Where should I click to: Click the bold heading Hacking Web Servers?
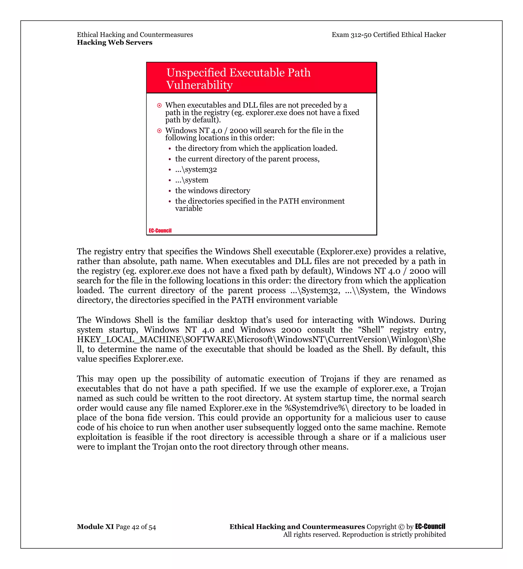[114, 42]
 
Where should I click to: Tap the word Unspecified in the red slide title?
[196, 73]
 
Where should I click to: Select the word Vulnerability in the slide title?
[199, 85]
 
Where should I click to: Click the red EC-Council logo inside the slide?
[160, 230]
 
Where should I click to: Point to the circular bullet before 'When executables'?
[159, 105]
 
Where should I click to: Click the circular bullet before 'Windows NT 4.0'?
[159, 131]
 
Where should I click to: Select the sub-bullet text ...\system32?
[196, 170]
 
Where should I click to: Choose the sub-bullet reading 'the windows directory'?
[212, 191]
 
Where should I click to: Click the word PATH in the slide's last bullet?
[289, 201]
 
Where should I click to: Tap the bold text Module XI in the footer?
[95, 527]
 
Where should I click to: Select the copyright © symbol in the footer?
[401, 527]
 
